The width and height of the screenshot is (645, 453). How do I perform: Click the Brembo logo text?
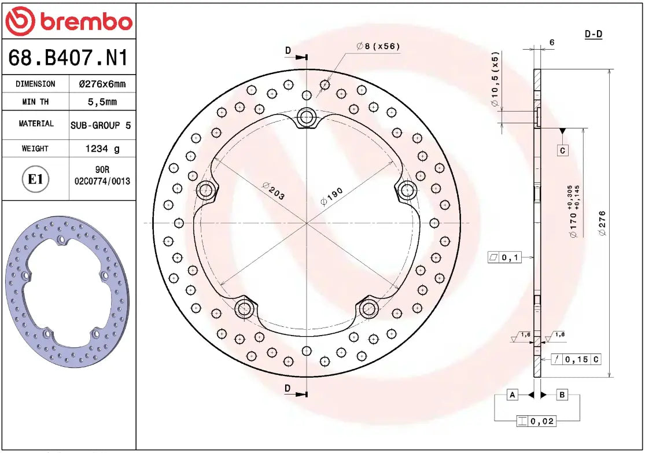pos(86,22)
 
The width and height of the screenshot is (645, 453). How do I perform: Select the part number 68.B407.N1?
pos(68,58)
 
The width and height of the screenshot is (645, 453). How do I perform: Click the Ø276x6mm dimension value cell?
pos(102,84)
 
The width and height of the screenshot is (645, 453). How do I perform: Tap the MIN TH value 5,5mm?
pos(102,102)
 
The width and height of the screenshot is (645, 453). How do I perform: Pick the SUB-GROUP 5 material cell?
pos(102,124)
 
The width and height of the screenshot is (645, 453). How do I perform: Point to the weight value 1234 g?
pos(102,149)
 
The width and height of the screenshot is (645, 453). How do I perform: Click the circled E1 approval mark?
pos(36,179)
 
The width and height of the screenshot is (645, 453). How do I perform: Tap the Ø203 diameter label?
pos(273,192)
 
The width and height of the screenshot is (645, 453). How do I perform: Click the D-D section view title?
pos(593,34)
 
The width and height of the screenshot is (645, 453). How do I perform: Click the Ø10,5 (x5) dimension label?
pos(495,80)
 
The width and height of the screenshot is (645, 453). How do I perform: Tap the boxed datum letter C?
pos(562,150)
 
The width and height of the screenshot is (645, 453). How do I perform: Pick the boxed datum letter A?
pos(511,395)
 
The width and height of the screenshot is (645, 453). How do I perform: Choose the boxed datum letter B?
pos(562,395)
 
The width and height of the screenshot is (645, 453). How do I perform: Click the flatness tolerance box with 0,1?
pos(504,257)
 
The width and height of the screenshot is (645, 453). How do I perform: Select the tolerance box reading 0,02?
pos(536,421)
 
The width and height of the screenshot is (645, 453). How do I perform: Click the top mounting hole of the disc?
pos(306,119)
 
